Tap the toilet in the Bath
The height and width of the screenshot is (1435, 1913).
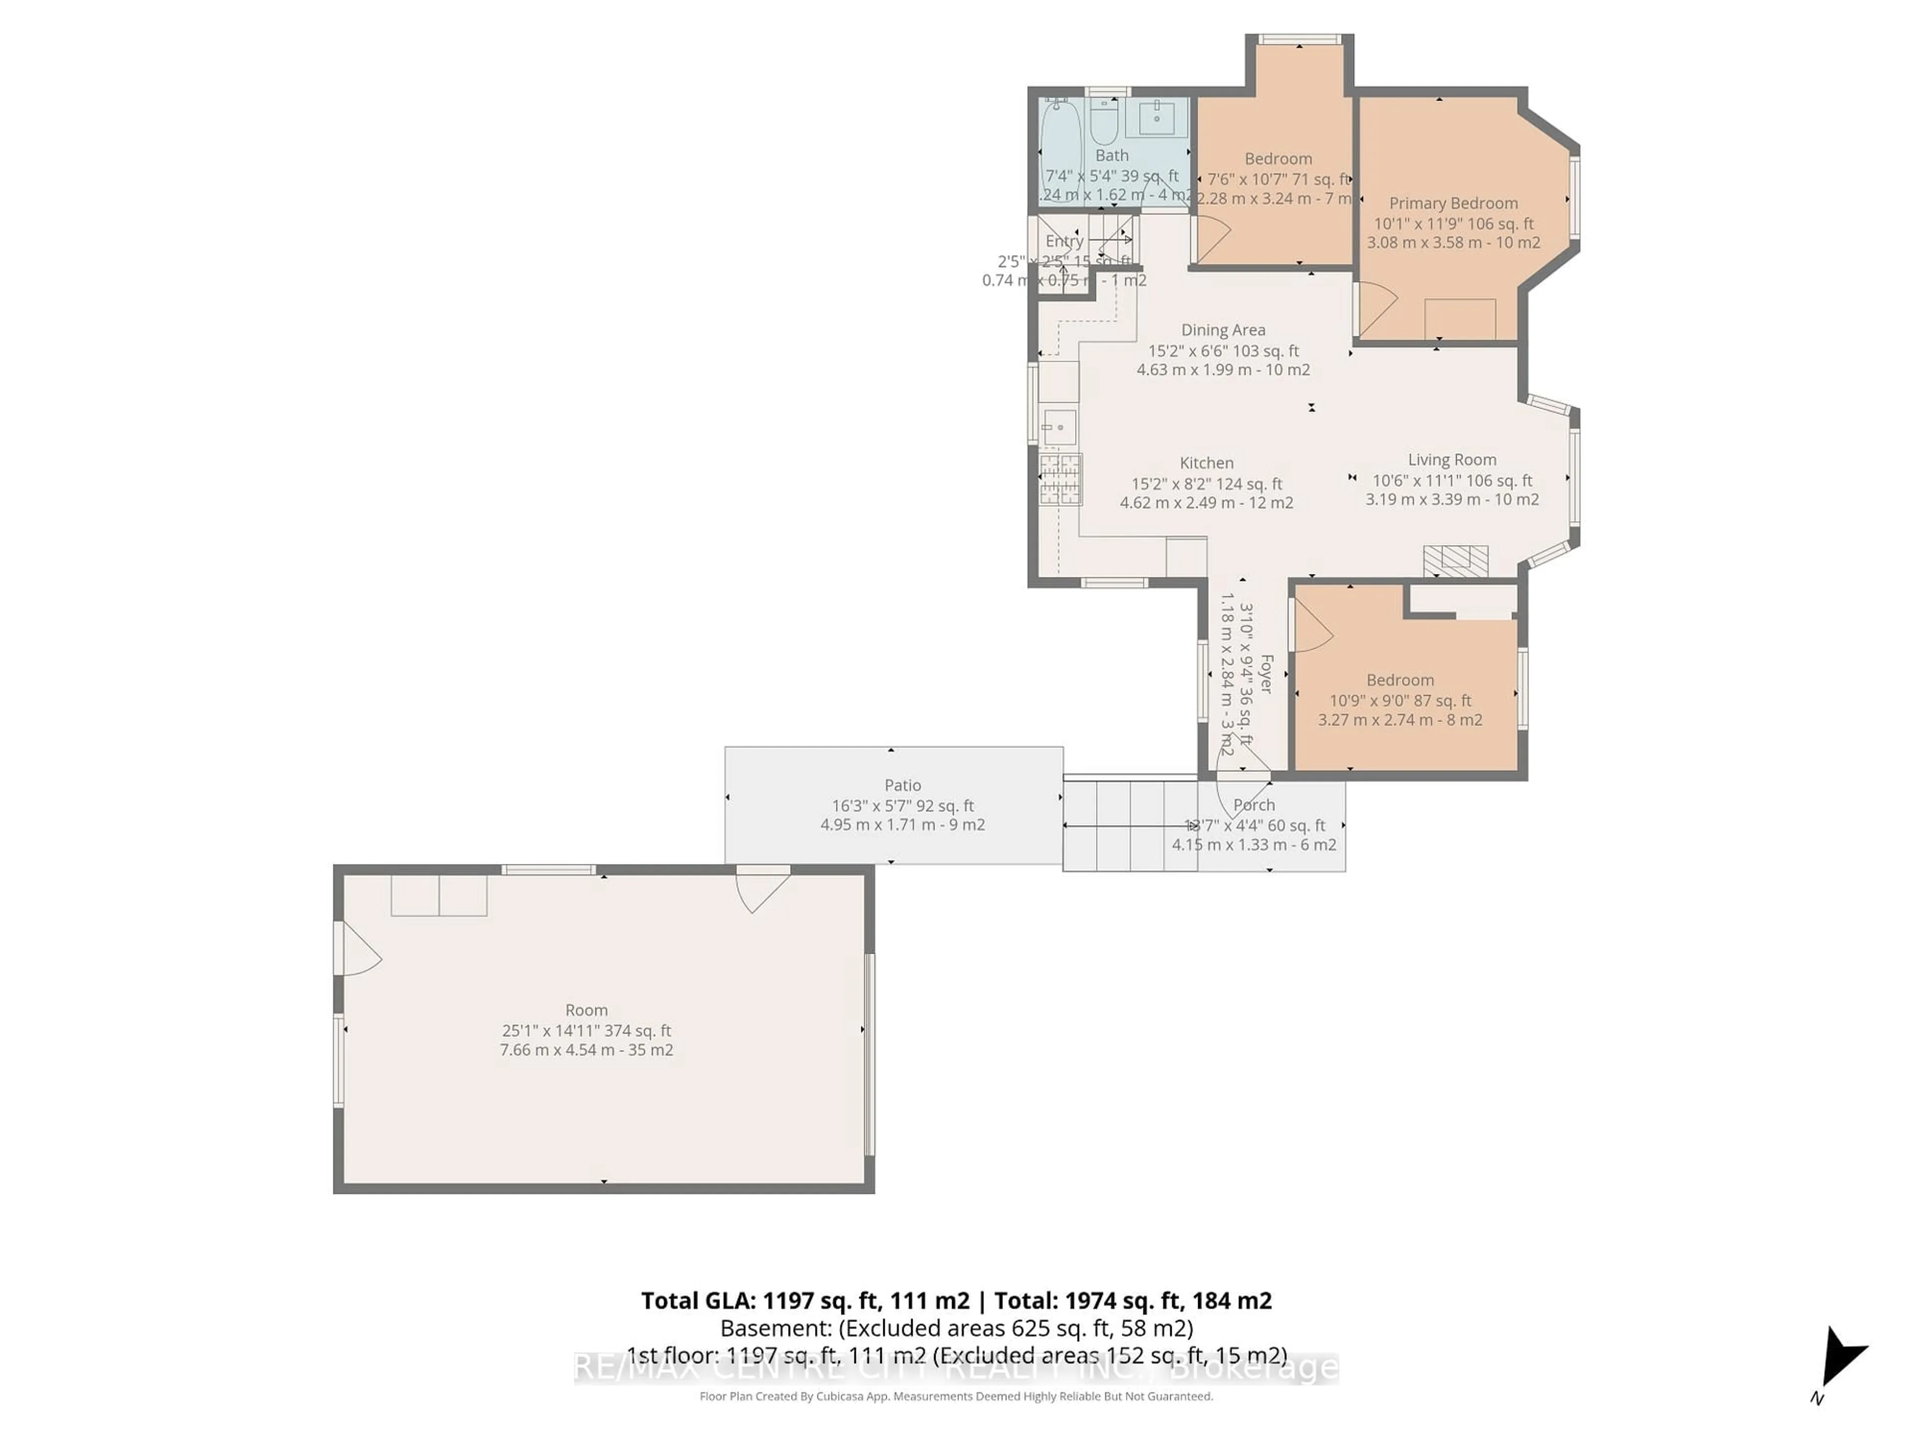click(1103, 123)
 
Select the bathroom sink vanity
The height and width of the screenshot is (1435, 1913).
click(1156, 119)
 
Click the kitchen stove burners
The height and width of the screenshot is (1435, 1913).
click(1060, 479)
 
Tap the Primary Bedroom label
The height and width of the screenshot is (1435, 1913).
click(1453, 203)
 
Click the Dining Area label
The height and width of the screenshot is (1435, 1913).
click(1223, 329)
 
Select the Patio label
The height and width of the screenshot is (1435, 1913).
click(902, 785)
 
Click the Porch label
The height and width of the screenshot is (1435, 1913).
click(1254, 804)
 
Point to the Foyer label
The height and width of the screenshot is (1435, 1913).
click(1266, 674)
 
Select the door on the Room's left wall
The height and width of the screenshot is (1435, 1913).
click(358, 948)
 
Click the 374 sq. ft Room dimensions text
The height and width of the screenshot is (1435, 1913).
click(586, 1030)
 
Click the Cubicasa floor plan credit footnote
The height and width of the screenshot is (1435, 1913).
click(956, 1396)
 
